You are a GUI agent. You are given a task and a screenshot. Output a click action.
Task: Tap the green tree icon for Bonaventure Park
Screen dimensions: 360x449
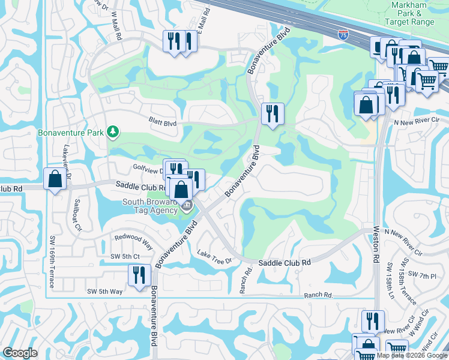point(112,131)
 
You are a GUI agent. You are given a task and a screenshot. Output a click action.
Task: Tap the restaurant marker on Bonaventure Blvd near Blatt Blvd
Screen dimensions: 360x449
point(273,113)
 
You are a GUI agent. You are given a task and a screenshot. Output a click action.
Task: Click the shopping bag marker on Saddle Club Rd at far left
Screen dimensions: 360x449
point(55,179)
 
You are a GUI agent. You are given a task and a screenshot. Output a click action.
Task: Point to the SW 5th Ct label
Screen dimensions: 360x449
point(125,257)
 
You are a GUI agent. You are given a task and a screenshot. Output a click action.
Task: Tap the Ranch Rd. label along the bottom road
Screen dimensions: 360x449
point(318,295)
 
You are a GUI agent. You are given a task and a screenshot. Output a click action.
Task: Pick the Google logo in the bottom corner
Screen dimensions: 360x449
point(20,353)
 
